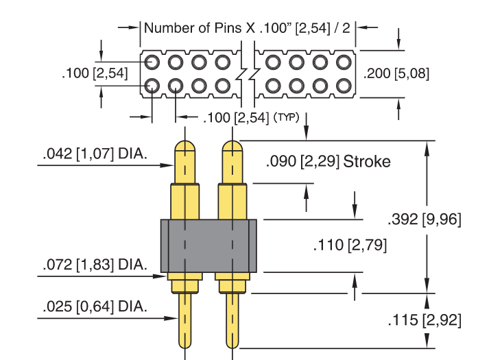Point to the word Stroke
367,162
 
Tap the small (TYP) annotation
286,117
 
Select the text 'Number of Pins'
193,28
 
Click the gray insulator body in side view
208,245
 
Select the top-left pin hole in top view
152,62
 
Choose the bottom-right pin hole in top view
344,86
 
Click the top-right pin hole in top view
344,62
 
